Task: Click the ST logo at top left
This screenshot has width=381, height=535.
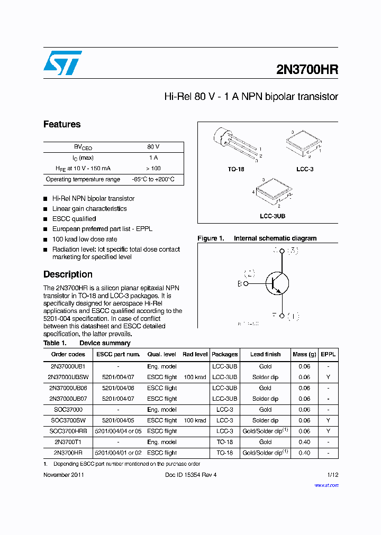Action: coord(62,63)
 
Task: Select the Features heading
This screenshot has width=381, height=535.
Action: coord(62,124)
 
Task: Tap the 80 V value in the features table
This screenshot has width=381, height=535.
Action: coord(153,147)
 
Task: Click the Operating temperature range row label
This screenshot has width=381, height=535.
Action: coord(83,179)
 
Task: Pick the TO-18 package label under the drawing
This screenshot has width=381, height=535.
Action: coord(236,169)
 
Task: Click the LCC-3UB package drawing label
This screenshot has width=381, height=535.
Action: coord(273,216)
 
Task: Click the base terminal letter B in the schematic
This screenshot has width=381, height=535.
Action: coord(239,284)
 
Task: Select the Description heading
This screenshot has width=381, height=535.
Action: coord(68,274)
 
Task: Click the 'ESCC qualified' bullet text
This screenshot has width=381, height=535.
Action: coord(74,219)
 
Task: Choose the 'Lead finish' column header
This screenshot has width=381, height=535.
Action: coord(265,354)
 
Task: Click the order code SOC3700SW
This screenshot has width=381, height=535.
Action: coord(68,420)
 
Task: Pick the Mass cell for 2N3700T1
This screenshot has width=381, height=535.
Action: coord(304,442)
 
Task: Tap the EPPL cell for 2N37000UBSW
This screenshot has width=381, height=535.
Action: coord(328,377)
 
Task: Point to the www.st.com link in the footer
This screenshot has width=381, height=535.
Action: coord(326,485)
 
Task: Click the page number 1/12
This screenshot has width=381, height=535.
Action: coord(332,475)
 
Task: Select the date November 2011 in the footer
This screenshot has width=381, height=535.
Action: coord(63,475)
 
